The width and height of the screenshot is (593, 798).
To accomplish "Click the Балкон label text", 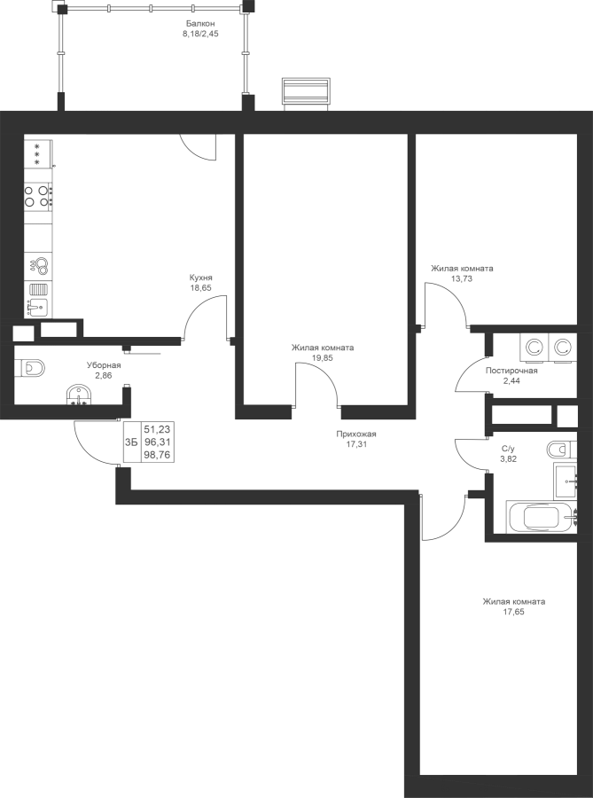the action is coord(200,23).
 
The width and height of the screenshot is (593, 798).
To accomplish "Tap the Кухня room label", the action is coord(200,278).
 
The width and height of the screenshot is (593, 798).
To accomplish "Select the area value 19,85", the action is coord(323,358).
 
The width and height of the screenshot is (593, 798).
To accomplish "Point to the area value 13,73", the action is coord(462,278).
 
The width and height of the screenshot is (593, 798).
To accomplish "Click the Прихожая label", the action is coord(356,434).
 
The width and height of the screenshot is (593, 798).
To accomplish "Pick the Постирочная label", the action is coord(511,371).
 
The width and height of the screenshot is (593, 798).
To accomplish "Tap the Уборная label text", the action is coord(104,365).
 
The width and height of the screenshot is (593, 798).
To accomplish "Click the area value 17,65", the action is coord(513,612).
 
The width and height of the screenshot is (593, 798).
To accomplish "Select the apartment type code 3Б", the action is coord(131,442).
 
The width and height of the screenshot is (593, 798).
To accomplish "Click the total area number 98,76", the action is coord(157,455).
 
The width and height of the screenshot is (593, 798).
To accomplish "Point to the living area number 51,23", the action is coord(157,429).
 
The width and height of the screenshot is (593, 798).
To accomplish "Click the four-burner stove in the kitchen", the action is coord(38,196).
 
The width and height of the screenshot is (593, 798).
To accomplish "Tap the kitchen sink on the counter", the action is coord(38,308).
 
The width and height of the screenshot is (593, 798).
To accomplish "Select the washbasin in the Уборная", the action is coord(79,395).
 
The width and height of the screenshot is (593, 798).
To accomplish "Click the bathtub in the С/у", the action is coord(541,517).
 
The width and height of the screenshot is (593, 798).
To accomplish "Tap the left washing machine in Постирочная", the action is coord(534,348).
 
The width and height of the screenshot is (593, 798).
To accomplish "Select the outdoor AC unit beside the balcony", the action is coord(306,92).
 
